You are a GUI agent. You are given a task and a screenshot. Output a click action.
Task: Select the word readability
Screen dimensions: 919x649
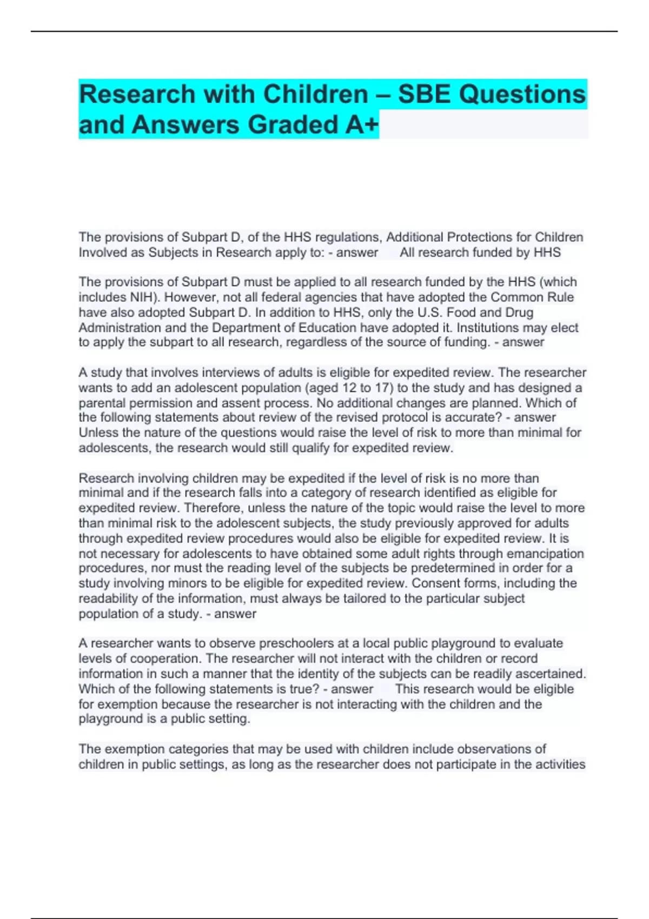click(111, 598)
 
